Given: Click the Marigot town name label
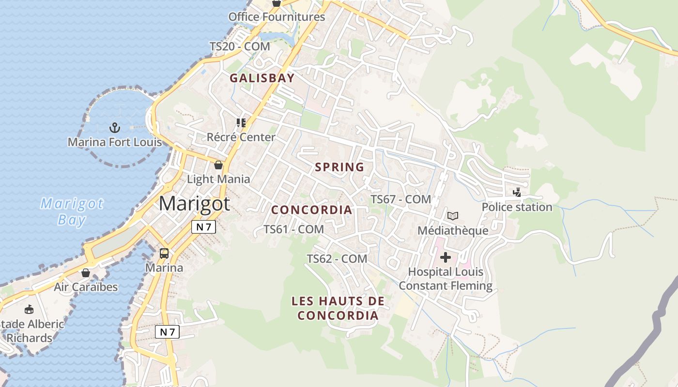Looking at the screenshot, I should point(194,204).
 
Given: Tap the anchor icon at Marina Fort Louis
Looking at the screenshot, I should point(115,128).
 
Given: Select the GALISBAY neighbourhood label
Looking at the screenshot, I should point(262,78).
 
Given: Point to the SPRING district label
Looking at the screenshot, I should point(339,167).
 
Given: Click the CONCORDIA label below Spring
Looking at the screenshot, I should point(311,210).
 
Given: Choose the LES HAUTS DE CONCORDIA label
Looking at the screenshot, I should point(338,309).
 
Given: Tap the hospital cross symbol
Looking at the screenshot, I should point(445,257).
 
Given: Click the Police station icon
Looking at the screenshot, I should point(517,193).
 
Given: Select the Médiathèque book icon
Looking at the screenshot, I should point(453,216).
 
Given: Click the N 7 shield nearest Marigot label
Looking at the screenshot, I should point(203,227).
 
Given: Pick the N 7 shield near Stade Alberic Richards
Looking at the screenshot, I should point(167,332).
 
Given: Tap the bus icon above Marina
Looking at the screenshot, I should point(164,253).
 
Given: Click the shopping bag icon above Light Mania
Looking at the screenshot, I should point(218,165).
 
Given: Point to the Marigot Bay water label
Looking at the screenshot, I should point(72,211).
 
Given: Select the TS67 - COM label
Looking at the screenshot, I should point(401,199).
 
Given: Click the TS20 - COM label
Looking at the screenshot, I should point(240,47).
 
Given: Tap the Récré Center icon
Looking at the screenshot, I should point(241,123).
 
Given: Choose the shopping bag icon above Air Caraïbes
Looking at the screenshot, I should point(86,273).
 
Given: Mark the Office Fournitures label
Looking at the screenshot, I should point(277,17).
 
